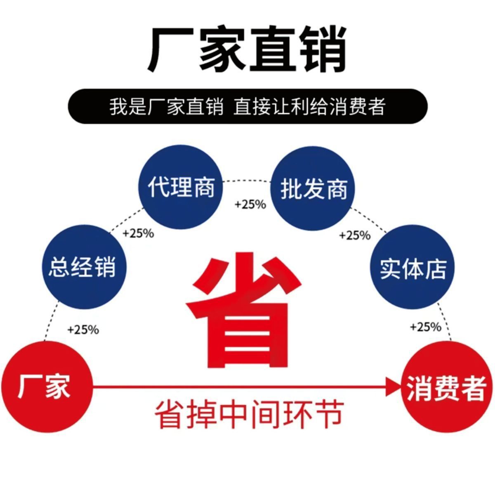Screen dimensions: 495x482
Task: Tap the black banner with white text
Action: click(x=247, y=107)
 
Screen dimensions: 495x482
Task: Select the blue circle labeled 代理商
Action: click(x=181, y=187)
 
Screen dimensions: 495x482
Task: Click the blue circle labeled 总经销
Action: click(x=85, y=267)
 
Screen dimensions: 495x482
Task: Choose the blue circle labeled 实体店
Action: click(x=412, y=268)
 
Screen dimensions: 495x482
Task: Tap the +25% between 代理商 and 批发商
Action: click(x=250, y=204)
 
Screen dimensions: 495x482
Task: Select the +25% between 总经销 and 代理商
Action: click(x=138, y=233)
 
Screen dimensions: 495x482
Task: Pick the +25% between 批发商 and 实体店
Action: click(x=355, y=235)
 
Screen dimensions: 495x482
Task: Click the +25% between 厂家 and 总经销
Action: click(x=83, y=330)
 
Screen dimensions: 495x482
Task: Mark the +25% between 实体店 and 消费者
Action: click(x=426, y=327)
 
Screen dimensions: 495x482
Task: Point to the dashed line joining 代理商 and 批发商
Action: click(x=247, y=180)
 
